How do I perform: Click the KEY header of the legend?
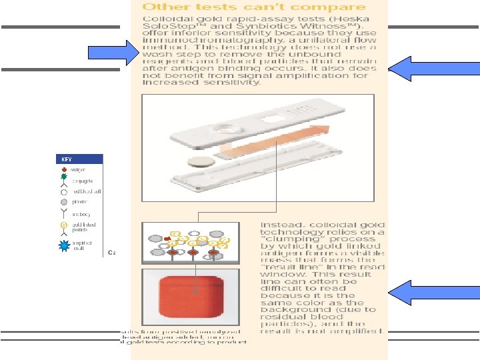(x=66, y=159)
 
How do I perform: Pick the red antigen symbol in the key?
(x=64, y=170)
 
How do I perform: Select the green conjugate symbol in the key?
(x=64, y=181)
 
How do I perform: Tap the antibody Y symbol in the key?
(x=64, y=213)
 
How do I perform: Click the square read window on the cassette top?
(x=273, y=119)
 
